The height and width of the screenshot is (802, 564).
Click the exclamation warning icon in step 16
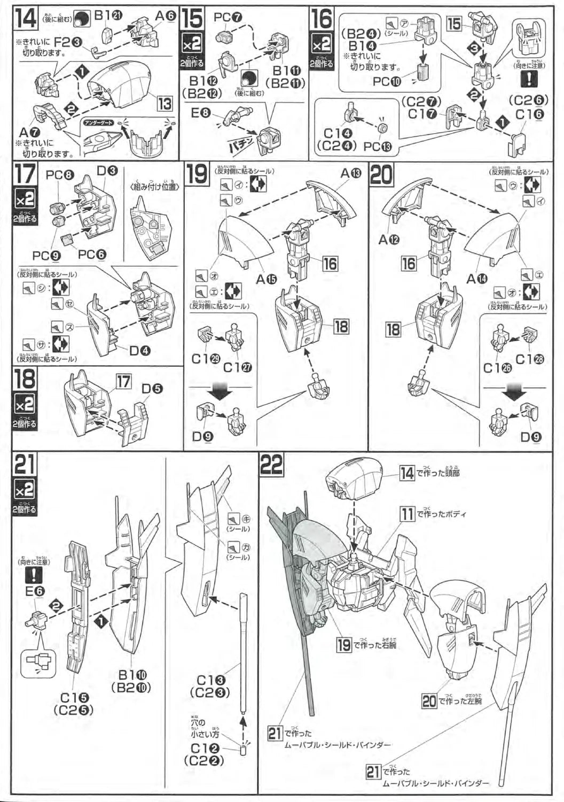point(529,79)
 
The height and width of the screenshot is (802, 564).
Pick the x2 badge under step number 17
point(25,200)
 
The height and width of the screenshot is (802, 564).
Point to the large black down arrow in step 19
point(220,389)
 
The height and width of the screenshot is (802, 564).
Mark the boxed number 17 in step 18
point(123,381)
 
